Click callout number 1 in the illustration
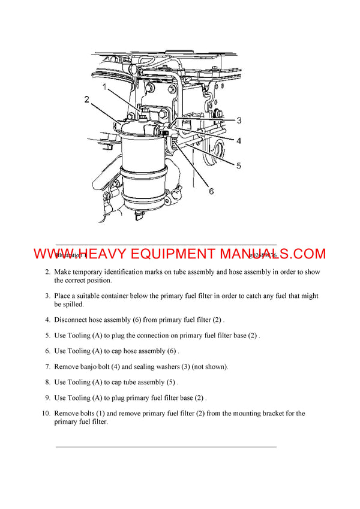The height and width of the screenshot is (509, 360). [x=104, y=88]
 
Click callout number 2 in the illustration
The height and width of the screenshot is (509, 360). [x=87, y=100]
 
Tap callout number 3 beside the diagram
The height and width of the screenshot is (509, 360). [x=238, y=121]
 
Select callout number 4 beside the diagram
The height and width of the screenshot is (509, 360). [x=238, y=141]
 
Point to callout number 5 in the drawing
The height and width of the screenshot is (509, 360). [x=238, y=165]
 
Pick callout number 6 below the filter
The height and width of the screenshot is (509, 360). [x=211, y=191]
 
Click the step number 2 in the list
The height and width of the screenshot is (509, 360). [x=47, y=272]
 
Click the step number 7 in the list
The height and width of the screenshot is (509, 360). [x=47, y=366]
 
